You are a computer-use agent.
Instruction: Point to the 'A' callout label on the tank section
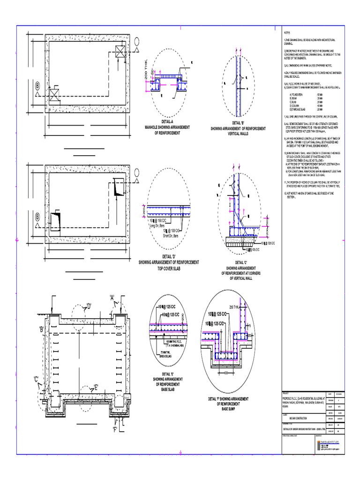coord(112,297)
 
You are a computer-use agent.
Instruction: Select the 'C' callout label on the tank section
coord(36,379)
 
